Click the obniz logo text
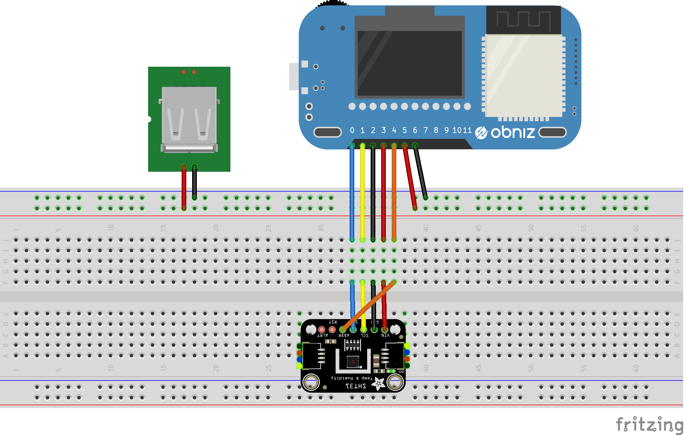[513, 133]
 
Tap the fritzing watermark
[649, 424]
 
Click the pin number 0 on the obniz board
[352, 130]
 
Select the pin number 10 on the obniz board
[457, 130]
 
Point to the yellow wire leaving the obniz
[362, 191]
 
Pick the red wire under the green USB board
[184, 187]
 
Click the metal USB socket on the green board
[189, 117]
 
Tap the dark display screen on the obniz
[409, 62]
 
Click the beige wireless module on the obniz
[524, 76]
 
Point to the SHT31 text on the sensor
[356, 386]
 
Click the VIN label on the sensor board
[385, 335]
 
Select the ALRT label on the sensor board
[322, 335]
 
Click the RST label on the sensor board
[332, 322]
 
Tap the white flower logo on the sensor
[378, 384]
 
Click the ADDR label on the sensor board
[343, 335]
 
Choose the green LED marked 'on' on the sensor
[391, 371]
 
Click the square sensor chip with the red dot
[353, 362]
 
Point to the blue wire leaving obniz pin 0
[352, 191]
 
